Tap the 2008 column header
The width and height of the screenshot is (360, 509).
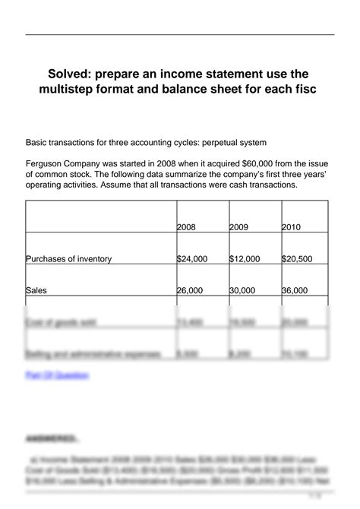pos(186,227)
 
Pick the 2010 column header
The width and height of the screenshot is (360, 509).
pos(291,227)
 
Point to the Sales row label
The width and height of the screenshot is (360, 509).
pos(36,290)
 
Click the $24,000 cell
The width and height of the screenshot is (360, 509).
pos(191,259)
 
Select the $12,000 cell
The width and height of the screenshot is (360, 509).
pos(244,259)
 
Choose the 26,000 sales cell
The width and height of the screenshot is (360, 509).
pos(190,290)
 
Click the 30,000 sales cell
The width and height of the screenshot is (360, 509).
pos(242,290)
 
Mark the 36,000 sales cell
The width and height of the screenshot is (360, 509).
pos(295,290)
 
